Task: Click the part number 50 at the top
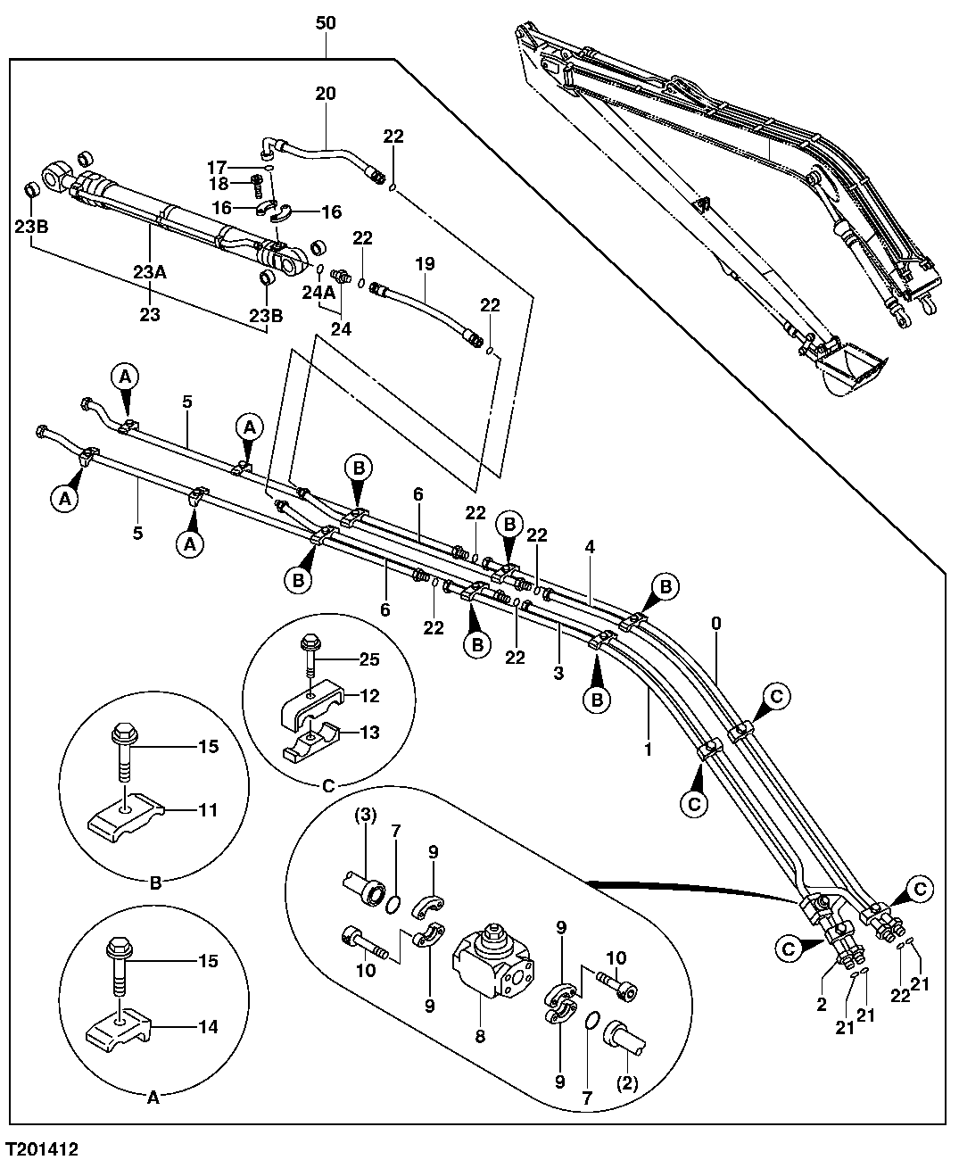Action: (327, 23)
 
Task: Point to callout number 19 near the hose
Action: (425, 265)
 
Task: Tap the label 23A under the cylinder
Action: (150, 273)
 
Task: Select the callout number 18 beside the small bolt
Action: (218, 184)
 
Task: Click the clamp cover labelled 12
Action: (308, 702)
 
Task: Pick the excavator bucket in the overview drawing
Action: (852, 368)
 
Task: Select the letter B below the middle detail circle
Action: (153, 884)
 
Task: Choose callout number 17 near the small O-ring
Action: (218, 166)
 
